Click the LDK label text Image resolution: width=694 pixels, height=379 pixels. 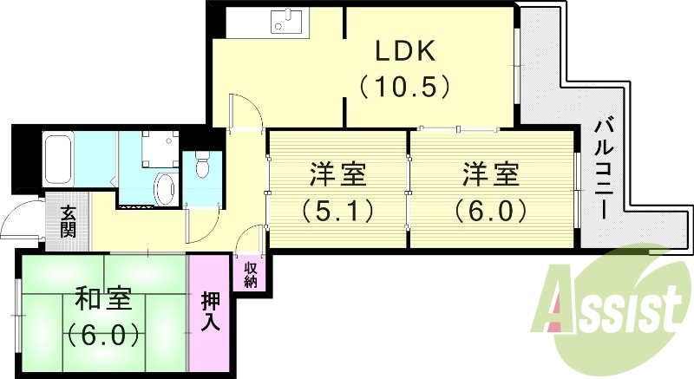[405, 51]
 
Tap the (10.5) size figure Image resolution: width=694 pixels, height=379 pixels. [405, 87]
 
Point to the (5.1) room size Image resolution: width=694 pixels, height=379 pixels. [337, 210]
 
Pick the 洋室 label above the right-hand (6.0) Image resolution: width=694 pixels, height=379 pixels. [491, 174]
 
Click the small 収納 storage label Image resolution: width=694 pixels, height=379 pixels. [251, 274]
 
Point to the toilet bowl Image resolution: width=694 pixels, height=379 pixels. [202, 164]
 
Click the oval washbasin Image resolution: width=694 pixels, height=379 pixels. [165, 187]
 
